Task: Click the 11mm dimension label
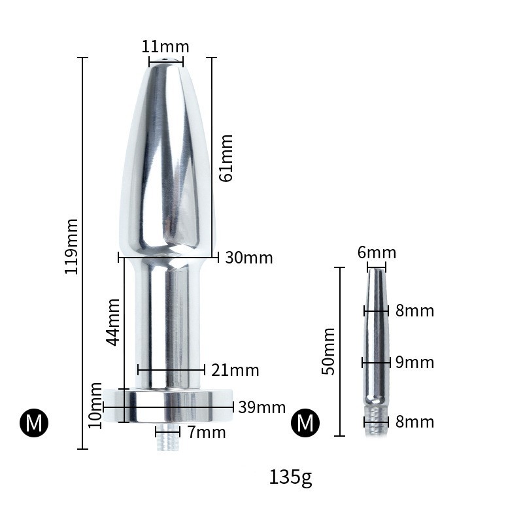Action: (165, 47)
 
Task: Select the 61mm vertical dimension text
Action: (226, 158)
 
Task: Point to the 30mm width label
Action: (248, 258)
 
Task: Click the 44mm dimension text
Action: (112, 322)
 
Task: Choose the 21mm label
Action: (235, 371)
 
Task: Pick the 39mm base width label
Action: (261, 408)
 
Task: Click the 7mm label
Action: (207, 432)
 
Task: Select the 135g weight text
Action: (290, 478)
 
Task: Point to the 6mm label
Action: (377, 253)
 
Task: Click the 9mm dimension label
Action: (414, 362)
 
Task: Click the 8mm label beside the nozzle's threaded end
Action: (414, 422)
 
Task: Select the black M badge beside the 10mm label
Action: (34, 423)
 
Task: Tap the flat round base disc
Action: (168, 406)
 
